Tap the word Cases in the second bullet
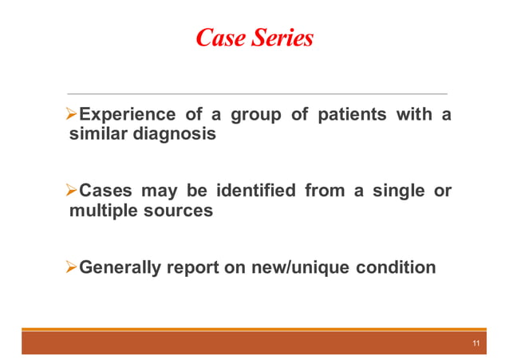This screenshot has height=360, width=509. [109, 192]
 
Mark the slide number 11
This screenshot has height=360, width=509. [475, 344]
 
